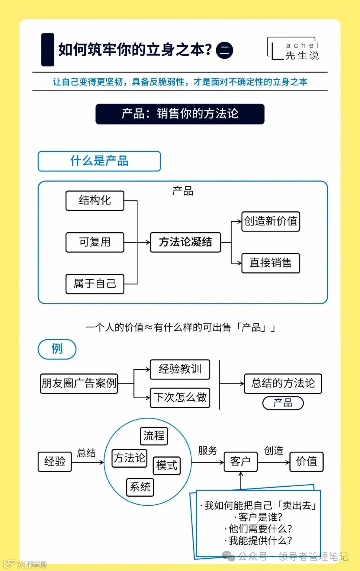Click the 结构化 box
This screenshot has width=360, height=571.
coord(95,201)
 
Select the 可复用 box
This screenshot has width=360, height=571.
coord(95,242)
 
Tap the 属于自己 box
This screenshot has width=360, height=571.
coord(95,284)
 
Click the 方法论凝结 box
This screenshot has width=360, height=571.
coord(185,242)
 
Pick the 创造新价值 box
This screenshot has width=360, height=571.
coord(271,221)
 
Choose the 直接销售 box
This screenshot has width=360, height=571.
coord(271,263)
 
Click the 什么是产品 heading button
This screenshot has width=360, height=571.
coord(99,161)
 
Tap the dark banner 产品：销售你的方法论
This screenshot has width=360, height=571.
coord(180,114)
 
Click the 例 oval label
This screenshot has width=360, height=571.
coord(57,349)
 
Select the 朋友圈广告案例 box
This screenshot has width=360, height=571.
coord(79,383)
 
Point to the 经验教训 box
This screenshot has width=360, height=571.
coord(180,369)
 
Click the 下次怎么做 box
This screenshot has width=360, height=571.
coord(180,397)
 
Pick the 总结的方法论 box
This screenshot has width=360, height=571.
coord(283,383)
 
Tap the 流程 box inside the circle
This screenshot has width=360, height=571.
coord(154,436)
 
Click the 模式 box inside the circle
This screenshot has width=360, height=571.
coord(167,465)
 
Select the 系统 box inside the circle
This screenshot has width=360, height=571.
coord(140,487)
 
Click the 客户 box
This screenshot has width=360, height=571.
coord(240,462)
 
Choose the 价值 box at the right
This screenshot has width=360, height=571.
coord(306,462)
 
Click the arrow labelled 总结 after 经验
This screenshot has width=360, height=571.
coord(88,462)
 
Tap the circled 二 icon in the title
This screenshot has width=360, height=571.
coord(225,51)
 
